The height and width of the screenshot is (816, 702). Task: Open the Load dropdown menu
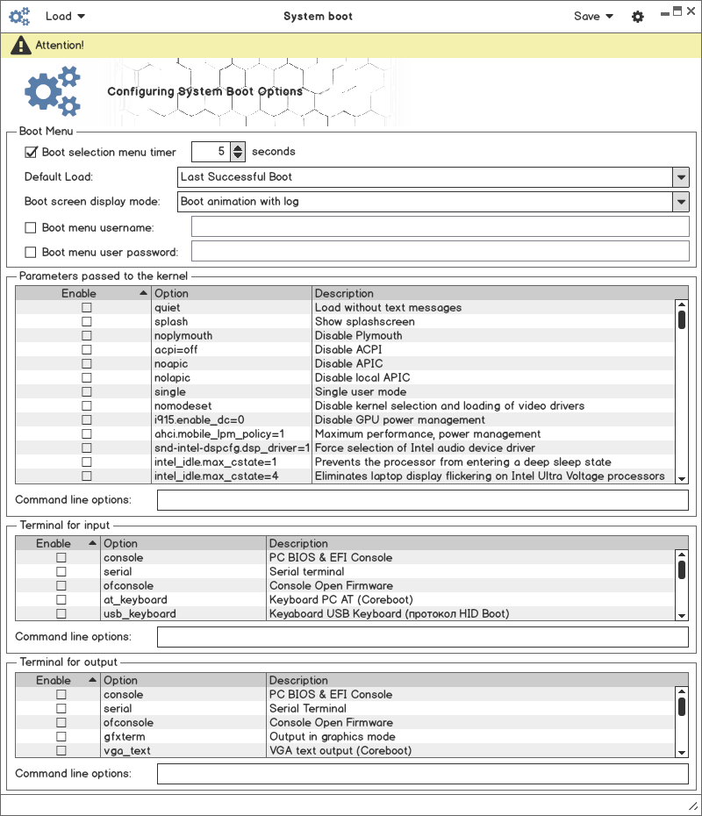coord(65,16)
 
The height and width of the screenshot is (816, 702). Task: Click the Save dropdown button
coord(593,16)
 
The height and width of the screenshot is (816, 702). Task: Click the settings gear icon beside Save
coord(638,17)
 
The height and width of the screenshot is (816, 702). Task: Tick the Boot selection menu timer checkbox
coord(32,152)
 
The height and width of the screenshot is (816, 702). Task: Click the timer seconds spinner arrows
coord(238,152)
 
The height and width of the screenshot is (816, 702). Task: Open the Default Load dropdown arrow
coord(681,177)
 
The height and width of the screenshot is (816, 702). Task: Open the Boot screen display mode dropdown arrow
coord(681,202)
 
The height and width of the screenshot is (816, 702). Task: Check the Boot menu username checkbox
coord(32,227)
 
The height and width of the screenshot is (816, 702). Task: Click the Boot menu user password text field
coord(440,252)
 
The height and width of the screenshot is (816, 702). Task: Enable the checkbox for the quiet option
coord(87,308)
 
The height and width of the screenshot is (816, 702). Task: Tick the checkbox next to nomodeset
coord(87,406)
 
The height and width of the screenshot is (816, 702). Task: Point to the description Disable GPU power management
coord(390,420)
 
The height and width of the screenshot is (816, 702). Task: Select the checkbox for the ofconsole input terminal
coord(61,586)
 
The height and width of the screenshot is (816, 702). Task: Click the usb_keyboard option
coord(140,614)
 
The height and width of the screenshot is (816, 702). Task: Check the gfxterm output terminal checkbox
coord(61,737)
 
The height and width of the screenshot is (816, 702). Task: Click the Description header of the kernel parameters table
coord(344,293)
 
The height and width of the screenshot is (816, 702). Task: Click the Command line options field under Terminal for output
coord(422,774)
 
